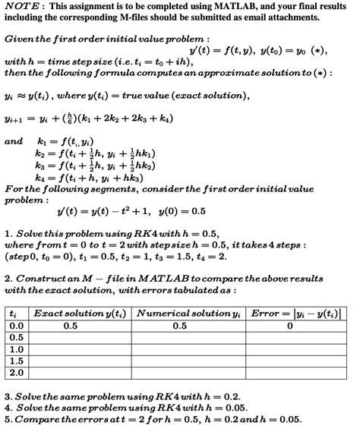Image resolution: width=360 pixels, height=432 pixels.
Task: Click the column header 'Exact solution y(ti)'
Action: (x=81, y=313)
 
